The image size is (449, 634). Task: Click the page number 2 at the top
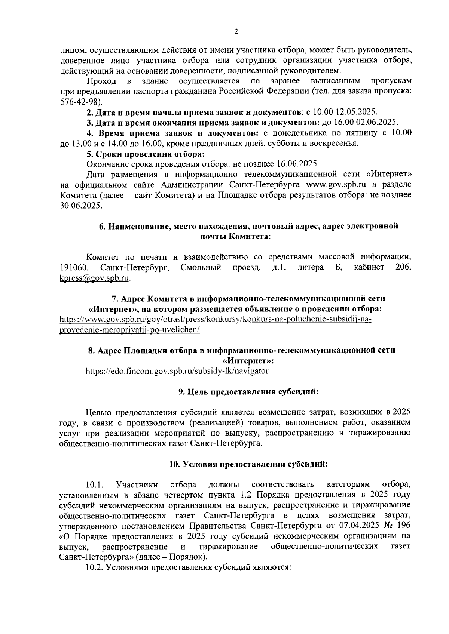(236, 32)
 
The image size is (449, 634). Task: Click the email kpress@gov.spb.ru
(95, 278)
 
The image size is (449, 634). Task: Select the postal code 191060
(74, 268)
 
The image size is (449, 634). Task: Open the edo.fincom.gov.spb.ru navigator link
(177, 371)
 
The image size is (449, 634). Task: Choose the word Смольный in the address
(201, 268)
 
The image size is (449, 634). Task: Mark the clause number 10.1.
(94, 485)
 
